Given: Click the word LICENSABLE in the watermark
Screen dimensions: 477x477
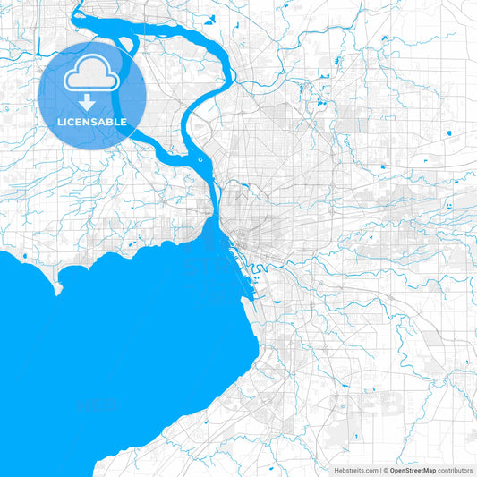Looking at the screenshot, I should [92, 122].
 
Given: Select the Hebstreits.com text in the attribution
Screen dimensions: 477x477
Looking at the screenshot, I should [356, 470].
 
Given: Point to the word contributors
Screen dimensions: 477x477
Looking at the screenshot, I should [456, 470].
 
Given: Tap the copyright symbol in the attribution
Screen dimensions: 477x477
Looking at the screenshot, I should [384, 470].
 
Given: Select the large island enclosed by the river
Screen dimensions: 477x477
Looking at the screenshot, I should [166, 89].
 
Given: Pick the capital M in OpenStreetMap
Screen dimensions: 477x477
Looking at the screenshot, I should [426, 470].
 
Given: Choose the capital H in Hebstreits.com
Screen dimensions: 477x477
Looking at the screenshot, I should [337, 470].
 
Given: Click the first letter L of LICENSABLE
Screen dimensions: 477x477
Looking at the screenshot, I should [60, 122].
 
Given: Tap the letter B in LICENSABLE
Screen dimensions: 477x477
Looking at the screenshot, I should [113, 122].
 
